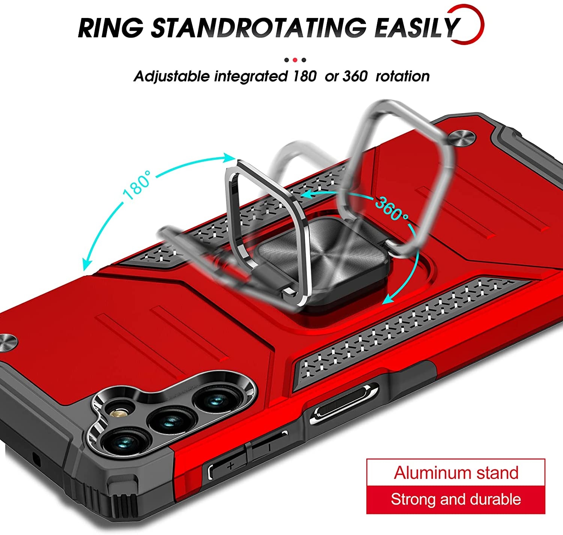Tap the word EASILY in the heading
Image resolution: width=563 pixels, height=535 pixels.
pos(417,27)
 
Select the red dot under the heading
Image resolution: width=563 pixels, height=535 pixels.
pos(295,60)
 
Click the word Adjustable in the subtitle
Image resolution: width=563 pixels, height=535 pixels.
pos(172,77)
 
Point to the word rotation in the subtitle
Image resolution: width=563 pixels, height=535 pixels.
pos(402,77)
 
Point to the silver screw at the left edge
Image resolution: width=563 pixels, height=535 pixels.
pos(8,342)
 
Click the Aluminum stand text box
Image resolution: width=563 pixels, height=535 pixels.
pos(456,473)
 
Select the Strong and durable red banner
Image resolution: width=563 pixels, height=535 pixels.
pos(456,500)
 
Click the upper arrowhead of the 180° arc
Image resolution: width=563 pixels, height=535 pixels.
pos(230,158)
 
